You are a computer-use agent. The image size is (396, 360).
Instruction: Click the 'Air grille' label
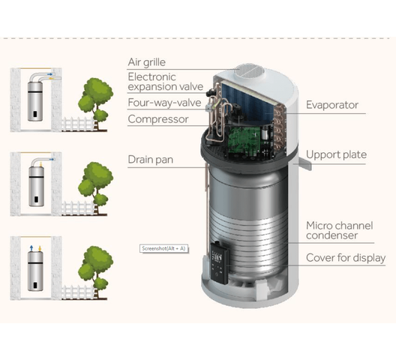[147, 62]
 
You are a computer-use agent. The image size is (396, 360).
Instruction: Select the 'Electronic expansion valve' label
[166, 82]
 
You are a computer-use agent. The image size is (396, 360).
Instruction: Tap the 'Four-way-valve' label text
[164, 103]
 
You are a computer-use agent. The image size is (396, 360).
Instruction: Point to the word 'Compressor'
[158, 119]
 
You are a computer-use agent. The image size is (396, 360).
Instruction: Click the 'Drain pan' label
[151, 160]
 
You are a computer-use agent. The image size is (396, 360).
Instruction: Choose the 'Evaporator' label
[332, 105]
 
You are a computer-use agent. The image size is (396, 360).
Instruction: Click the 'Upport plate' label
[337, 154]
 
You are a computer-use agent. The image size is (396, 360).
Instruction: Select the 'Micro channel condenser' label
[340, 230]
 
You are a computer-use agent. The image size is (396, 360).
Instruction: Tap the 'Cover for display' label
[346, 258]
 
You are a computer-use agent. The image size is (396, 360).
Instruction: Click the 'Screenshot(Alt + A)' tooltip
[164, 248]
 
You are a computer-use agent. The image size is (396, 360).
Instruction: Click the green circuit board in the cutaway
[244, 139]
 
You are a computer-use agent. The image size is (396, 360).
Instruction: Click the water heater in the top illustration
[35, 102]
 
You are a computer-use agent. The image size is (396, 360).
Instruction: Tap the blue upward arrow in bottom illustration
[31, 247]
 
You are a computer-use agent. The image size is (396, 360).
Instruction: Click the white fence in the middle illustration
[78, 208]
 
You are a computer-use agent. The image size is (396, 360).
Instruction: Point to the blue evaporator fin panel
[248, 102]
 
